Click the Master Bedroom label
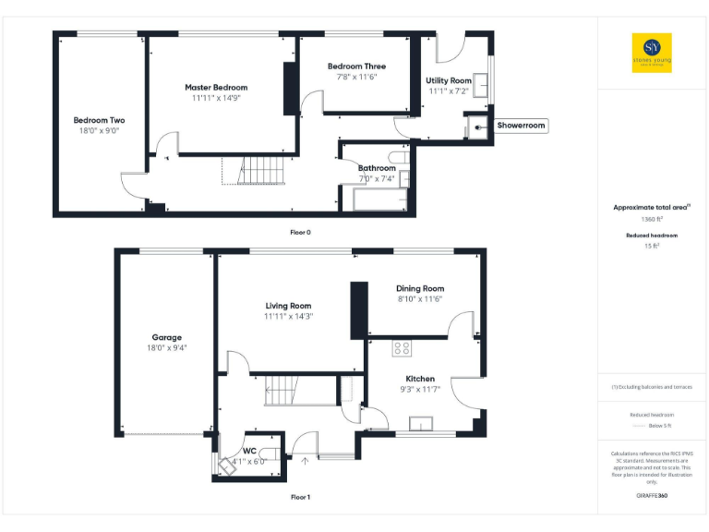click(x=216, y=87)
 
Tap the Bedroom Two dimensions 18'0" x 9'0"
click(x=99, y=131)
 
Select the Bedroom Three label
click(x=356, y=66)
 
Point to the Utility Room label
click(x=449, y=80)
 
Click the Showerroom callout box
click(x=522, y=125)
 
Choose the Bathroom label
click(x=377, y=168)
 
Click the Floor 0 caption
click(x=300, y=232)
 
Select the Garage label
click(x=167, y=337)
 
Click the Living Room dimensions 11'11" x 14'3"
click(x=288, y=317)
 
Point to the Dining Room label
click(x=420, y=288)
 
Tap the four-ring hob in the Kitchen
click(x=403, y=348)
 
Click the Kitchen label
click(x=420, y=379)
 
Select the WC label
click(x=248, y=451)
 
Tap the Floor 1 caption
click(x=300, y=498)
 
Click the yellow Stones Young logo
click(x=652, y=53)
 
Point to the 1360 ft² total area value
click(x=652, y=220)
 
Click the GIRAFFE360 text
click(x=652, y=496)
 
